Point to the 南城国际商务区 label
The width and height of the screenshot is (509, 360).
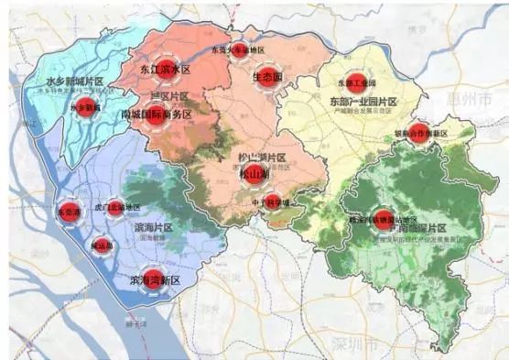tap(157, 115)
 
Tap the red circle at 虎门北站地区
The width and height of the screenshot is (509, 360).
tap(115, 208)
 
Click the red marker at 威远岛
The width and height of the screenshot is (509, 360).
tap(103, 245)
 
